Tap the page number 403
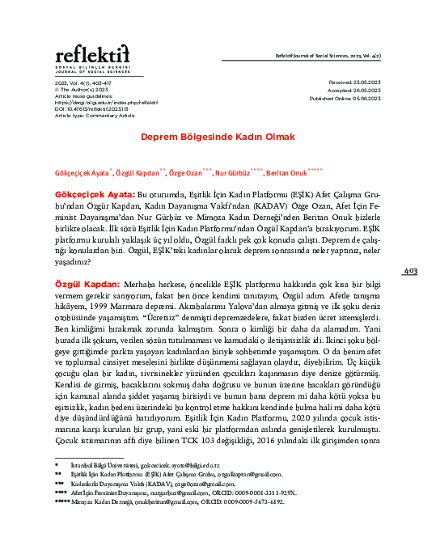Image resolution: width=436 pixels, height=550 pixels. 409,272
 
